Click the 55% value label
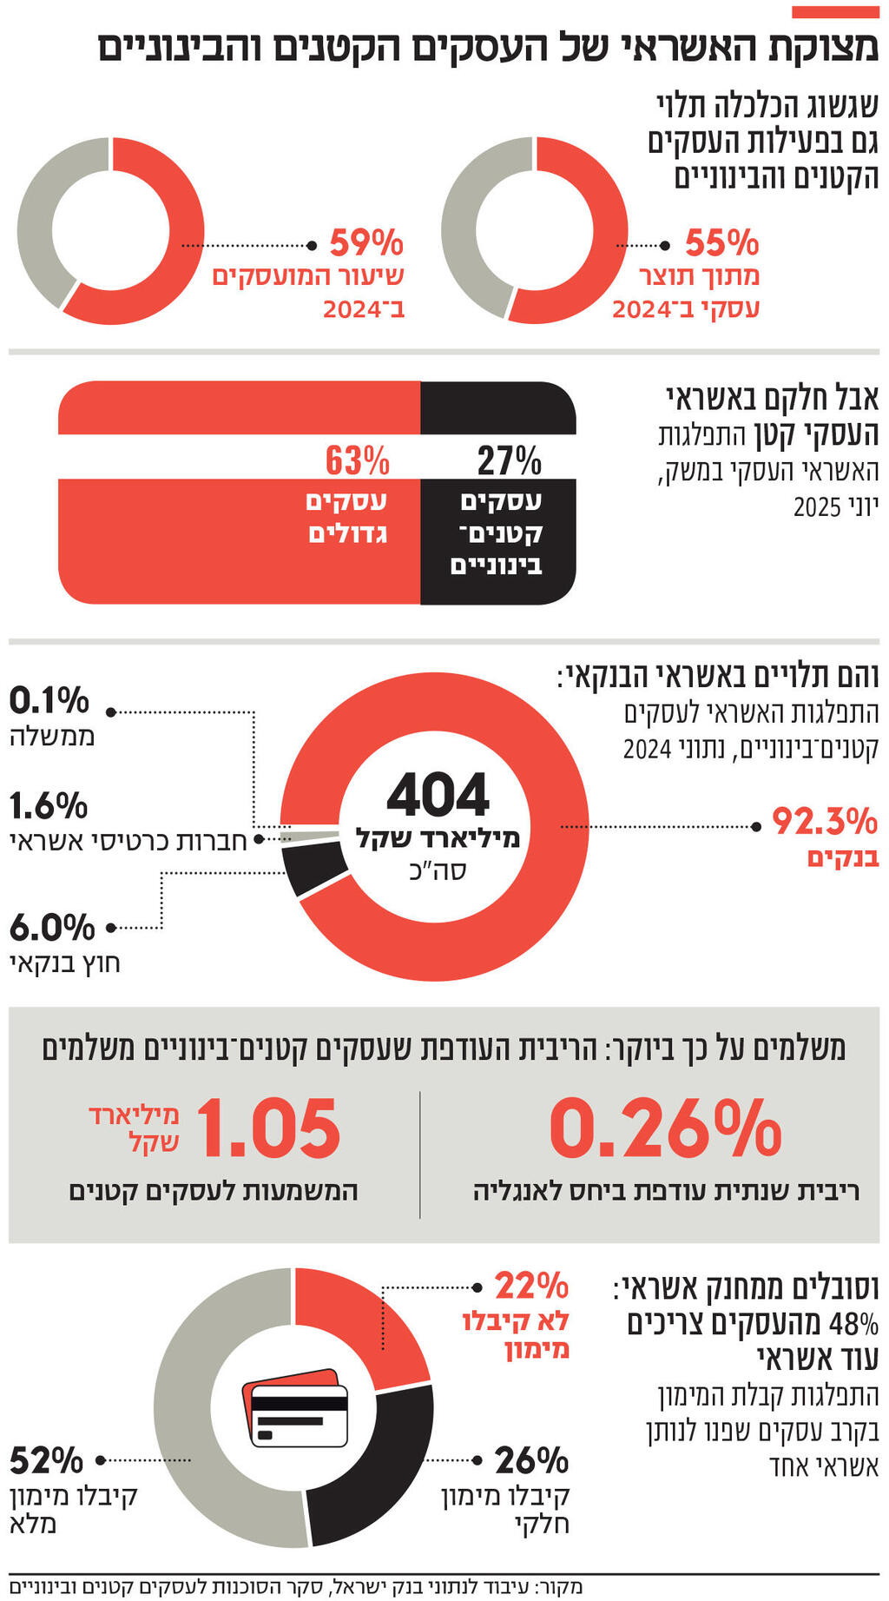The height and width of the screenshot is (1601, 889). (721, 242)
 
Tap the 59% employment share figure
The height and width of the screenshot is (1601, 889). (366, 242)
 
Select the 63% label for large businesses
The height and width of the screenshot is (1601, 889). (358, 460)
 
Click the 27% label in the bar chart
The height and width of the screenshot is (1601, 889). (510, 460)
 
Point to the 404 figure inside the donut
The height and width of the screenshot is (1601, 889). (438, 795)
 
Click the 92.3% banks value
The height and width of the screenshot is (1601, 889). (825, 821)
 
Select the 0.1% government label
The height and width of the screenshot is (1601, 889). (49, 700)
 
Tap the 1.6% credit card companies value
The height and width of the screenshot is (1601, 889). (49, 806)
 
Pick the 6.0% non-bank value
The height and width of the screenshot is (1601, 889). (52, 928)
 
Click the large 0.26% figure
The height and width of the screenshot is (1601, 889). (666, 1128)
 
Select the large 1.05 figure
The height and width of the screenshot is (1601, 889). (271, 1128)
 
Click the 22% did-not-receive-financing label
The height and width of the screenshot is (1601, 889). (531, 1285)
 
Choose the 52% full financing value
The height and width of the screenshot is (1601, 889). (47, 1461)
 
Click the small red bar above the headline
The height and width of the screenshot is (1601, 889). (835, 12)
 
